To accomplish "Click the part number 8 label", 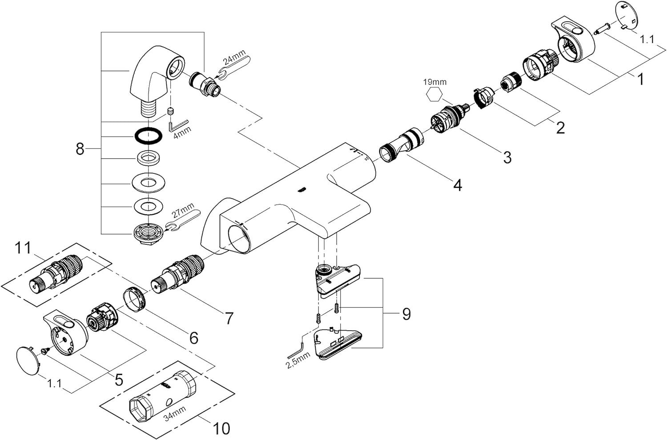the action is tap(80, 148).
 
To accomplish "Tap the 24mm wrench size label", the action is tap(234, 57).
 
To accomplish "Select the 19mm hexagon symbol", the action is tap(434, 95).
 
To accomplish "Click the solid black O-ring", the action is tap(149, 136).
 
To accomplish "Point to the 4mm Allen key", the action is tap(178, 124).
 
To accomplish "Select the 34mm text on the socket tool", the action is tap(175, 413).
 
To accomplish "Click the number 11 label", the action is tap(23, 248).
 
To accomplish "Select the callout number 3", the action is tap(507, 157).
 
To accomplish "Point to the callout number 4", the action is tap(458, 185).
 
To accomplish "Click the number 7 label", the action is tap(229, 318).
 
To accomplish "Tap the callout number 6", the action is tap(194, 338).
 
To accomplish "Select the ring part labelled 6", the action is tap(134, 299).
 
